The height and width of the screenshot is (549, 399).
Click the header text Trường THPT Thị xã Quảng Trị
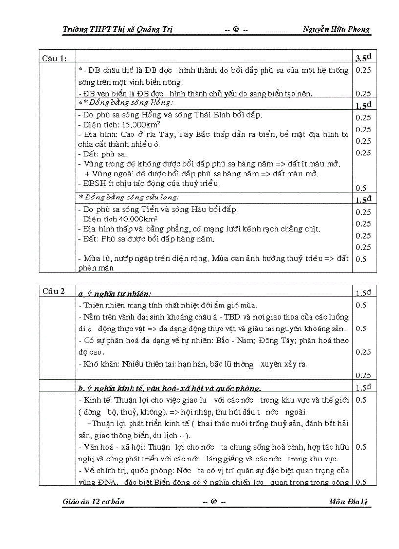117,29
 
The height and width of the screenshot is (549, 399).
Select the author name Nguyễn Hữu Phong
336,29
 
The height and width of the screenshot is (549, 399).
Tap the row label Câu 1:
54,59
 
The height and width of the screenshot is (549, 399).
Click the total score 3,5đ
363,58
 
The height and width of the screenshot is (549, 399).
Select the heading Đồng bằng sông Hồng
129,103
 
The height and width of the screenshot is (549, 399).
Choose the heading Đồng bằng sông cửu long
131,197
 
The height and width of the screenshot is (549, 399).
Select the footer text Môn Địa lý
350,502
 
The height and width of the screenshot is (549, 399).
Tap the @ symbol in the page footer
214,502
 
